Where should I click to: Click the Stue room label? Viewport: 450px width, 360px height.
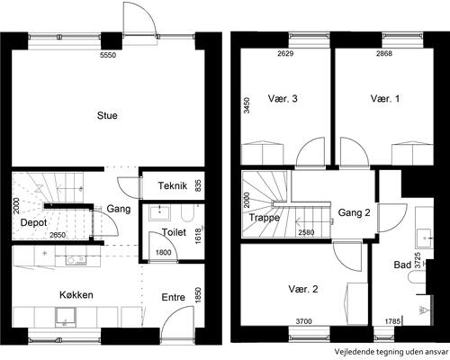(107, 115)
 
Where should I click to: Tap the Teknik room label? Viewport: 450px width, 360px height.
(173, 185)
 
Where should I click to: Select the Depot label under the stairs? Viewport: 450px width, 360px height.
(33, 222)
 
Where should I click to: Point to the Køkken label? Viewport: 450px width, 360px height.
(76, 294)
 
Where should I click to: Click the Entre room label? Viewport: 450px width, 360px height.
(173, 297)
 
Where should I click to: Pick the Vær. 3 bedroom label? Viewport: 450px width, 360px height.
(283, 98)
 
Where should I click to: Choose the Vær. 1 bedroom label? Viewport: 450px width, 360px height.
(385, 98)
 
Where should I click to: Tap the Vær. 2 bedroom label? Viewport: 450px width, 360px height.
(303, 289)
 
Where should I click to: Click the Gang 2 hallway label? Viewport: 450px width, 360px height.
(354, 212)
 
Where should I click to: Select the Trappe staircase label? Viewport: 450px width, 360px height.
(265, 218)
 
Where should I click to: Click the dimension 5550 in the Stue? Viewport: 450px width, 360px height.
(108, 55)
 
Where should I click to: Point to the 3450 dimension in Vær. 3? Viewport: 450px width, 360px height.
(247, 105)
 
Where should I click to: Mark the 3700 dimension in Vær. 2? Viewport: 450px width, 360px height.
(304, 321)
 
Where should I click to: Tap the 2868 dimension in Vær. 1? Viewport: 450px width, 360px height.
(384, 54)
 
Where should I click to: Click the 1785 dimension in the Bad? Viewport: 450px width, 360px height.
(392, 321)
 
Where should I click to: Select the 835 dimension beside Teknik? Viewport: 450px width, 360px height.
(199, 185)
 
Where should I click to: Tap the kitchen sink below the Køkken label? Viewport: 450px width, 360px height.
(66, 317)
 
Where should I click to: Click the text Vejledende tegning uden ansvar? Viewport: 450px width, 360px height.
(391, 351)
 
